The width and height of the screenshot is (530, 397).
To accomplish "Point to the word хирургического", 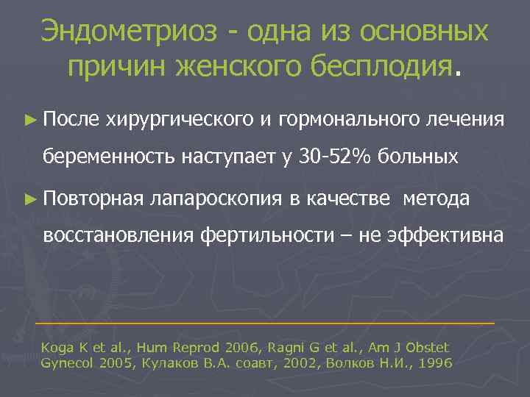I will (179, 118).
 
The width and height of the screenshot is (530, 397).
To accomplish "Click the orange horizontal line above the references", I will (265, 323).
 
